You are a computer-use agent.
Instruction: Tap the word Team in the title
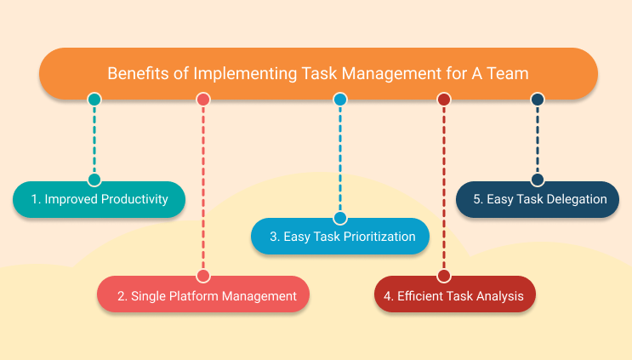509,73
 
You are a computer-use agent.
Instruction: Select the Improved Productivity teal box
99,199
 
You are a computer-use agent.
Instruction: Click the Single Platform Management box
202,296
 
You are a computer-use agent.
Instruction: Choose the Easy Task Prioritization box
340,237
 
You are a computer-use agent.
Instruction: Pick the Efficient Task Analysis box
455,296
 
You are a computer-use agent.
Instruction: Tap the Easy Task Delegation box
537,199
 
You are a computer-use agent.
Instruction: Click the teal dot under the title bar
94,100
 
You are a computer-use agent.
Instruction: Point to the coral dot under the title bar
203,100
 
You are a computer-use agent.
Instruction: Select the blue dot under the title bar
340,100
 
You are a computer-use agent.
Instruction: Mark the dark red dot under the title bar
443,100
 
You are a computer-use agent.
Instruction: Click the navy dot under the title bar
537,100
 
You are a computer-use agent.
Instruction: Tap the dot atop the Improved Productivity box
94,180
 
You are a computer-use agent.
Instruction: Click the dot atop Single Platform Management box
203,276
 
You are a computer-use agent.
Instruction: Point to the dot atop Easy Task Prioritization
340,218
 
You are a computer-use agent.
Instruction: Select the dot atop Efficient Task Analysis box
443,276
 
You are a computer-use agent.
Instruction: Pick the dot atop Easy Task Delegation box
537,180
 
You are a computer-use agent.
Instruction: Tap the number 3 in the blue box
273,237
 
